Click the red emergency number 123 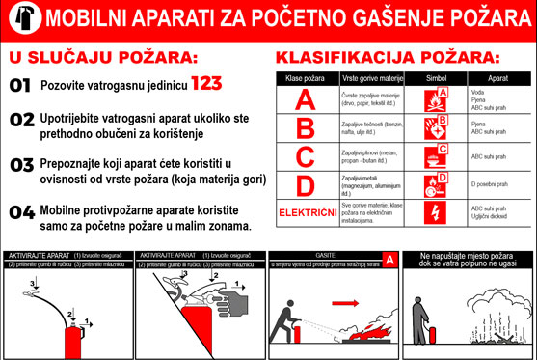[213, 84]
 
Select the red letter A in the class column [306, 98]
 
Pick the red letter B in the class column [306, 127]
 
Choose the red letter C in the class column [306, 155]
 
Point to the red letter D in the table [306, 183]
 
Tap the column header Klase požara [306, 76]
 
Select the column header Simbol [437, 76]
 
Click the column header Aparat [497, 76]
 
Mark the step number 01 [20, 85]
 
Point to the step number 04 [21, 210]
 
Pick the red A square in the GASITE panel [389, 260]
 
